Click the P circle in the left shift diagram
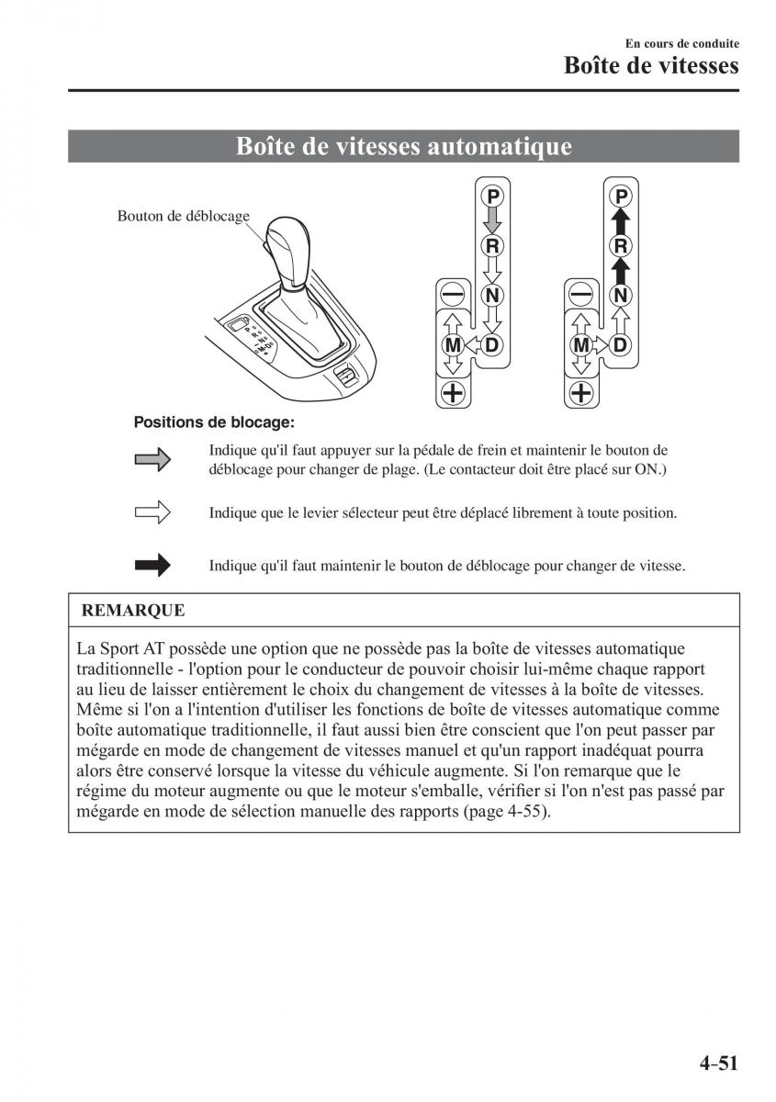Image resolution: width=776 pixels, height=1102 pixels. (x=493, y=196)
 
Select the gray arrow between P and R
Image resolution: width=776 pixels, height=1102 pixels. (x=493, y=220)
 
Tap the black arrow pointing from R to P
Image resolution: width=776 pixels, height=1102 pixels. (x=621, y=220)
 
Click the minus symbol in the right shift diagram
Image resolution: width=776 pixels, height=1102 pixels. (x=580, y=295)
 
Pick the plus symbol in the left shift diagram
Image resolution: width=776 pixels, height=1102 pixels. (x=453, y=394)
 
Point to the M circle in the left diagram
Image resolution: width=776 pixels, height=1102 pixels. (x=453, y=345)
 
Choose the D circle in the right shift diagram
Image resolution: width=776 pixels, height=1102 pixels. (x=621, y=345)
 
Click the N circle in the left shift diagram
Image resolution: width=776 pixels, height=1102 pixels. (x=493, y=295)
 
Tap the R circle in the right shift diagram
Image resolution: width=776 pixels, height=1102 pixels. (x=621, y=245)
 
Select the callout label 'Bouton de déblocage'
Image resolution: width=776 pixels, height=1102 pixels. (x=184, y=216)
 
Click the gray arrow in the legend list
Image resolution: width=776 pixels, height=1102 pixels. (x=152, y=459)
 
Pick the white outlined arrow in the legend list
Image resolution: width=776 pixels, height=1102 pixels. (x=152, y=512)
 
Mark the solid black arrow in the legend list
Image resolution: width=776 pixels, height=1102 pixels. (x=152, y=566)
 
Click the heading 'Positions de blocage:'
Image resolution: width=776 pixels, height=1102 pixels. (x=214, y=422)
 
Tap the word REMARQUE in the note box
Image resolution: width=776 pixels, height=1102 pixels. (x=133, y=610)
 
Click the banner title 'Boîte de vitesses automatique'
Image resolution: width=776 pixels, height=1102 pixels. (x=404, y=146)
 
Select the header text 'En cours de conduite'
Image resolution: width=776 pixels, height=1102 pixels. (x=682, y=43)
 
